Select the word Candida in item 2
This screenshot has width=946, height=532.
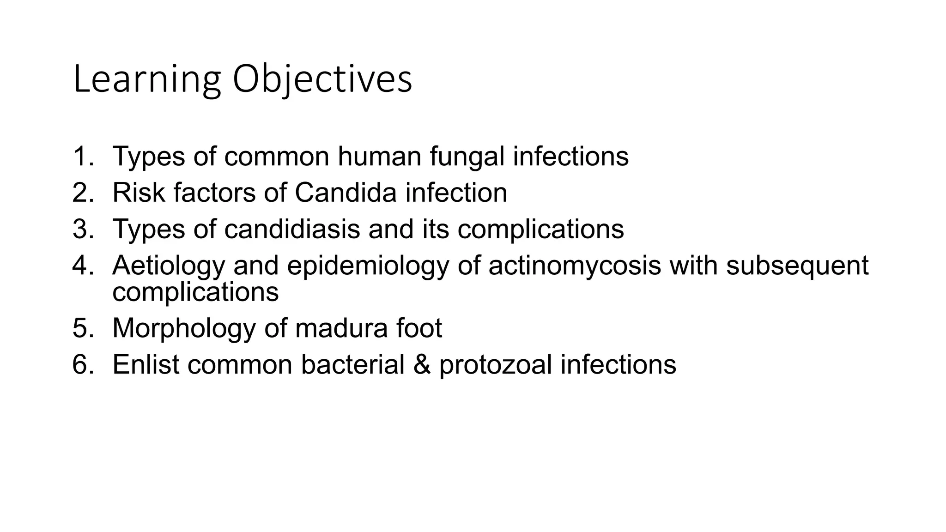pos(346,193)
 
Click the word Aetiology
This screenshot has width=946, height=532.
pos(169,266)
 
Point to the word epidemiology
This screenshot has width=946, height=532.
pos(368,266)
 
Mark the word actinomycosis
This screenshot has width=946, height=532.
pos(575,266)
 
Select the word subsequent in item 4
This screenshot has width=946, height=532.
pos(797,266)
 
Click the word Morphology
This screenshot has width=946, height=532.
pos(184,329)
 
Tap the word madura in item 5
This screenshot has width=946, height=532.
pos(341,328)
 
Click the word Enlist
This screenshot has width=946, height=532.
pos(146,364)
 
